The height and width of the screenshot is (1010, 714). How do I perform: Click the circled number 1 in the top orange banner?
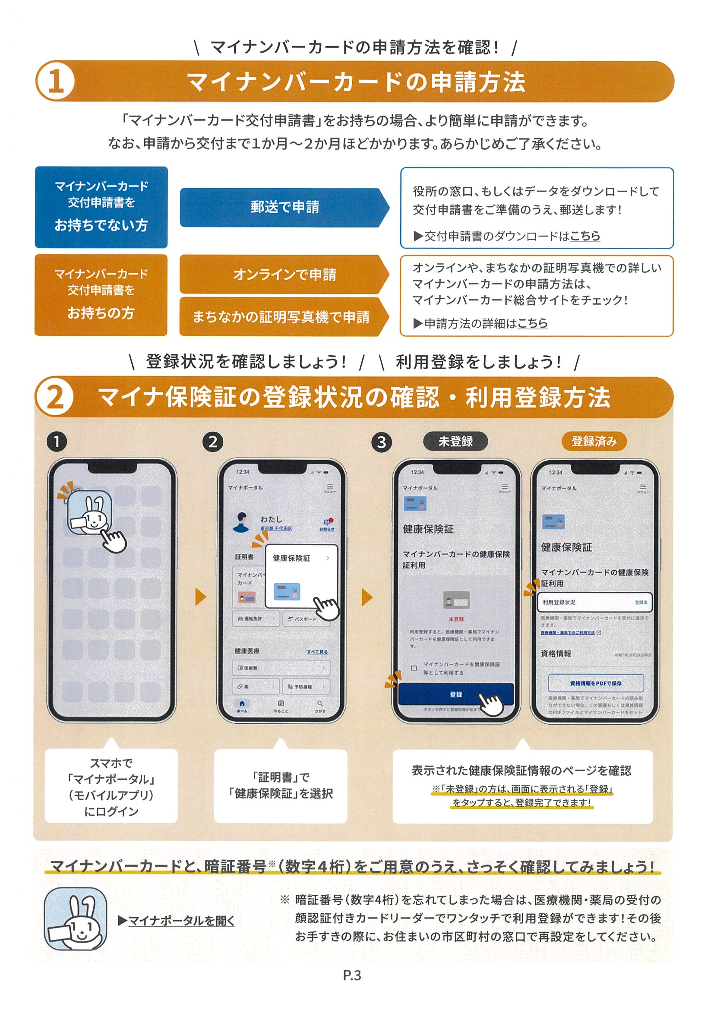point(55,82)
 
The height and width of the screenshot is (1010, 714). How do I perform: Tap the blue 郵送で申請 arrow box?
point(284,207)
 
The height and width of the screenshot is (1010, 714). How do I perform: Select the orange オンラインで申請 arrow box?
point(284,275)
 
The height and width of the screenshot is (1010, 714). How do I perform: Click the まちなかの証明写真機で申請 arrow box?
point(281,317)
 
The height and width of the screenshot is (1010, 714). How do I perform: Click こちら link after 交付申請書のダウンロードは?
point(585,236)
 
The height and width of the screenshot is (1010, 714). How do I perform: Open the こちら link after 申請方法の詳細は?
point(532,323)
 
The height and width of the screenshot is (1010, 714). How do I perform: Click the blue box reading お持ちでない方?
point(101,207)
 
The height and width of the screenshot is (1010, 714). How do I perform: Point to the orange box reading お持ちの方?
point(101,295)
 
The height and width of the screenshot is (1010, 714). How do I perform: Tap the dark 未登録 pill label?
point(455,441)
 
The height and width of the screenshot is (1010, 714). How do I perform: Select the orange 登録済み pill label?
point(594,441)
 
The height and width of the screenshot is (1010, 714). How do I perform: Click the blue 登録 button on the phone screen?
point(456,694)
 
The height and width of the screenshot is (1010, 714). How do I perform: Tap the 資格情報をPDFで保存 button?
point(596,683)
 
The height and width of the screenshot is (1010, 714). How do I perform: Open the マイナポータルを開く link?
point(181,920)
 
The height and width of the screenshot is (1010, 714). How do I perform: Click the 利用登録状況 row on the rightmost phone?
point(594,602)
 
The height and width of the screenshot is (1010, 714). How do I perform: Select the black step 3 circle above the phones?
point(382,442)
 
